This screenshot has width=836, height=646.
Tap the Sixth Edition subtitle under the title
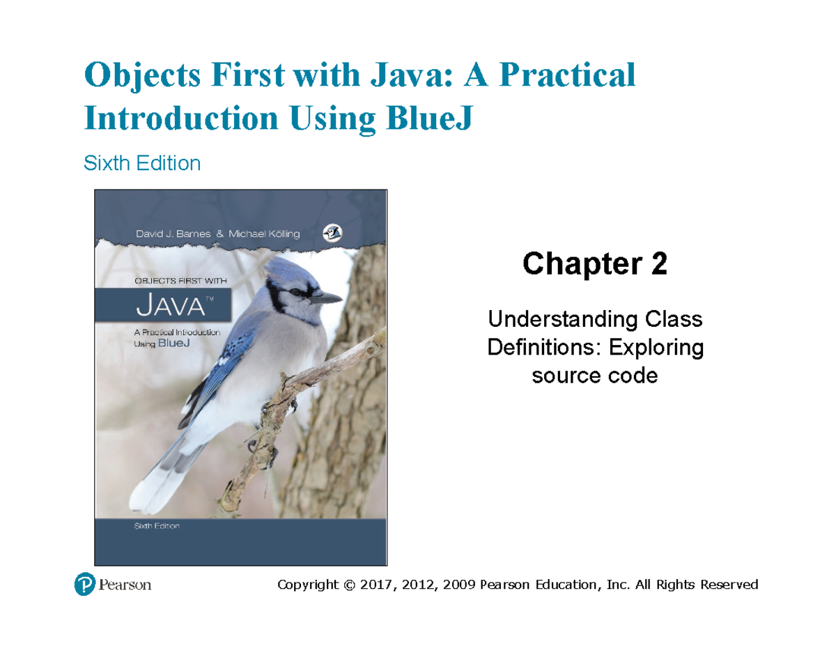141,164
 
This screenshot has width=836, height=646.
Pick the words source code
594,376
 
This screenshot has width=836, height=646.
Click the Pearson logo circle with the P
84,584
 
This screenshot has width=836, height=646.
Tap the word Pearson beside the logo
125,585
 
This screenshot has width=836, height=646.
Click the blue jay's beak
329,298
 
